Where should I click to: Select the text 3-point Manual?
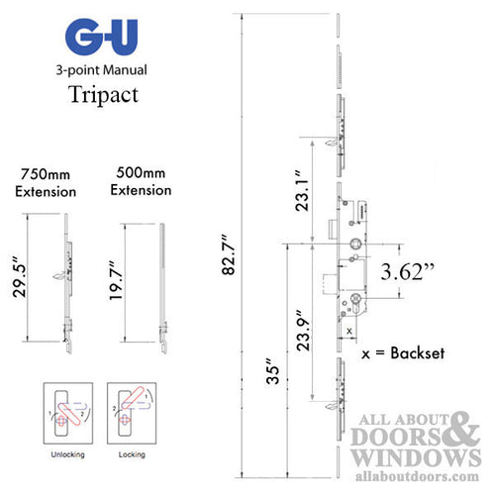[105, 71]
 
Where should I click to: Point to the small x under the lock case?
[349, 329]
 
